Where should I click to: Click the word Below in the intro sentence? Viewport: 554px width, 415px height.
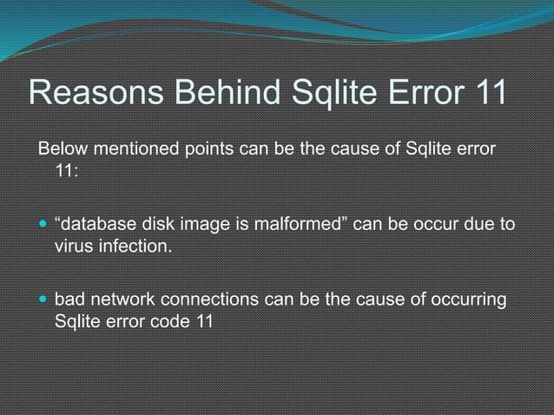pyautogui.click(x=63, y=148)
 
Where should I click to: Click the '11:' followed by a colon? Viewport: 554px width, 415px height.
pyautogui.click(x=67, y=171)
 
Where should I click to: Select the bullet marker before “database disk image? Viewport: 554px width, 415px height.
pyautogui.click(x=43, y=226)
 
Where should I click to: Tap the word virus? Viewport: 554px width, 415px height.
pyautogui.click(x=74, y=248)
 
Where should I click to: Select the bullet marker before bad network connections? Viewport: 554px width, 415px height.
pyautogui.click(x=43, y=300)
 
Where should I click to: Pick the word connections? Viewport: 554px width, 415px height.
pyautogui.click(x=208, y=300)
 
